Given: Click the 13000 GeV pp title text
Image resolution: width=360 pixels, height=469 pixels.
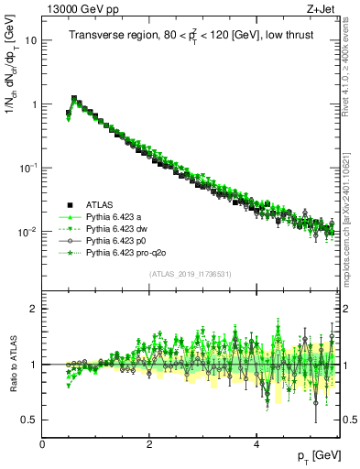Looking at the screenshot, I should click(x=75, y=8).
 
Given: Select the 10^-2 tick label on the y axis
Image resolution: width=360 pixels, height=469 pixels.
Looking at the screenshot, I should click(x=27, y=233).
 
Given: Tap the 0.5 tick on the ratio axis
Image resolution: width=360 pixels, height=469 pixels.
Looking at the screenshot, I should click(x=29, y=420).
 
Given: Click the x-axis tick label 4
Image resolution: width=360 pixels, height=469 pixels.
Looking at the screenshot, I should click(x=256, y=444).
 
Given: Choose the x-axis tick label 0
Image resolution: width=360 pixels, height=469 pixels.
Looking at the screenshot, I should click(x=43, y=444).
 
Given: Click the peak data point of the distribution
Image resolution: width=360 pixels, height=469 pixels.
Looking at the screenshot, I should click(x=74, y=98).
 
